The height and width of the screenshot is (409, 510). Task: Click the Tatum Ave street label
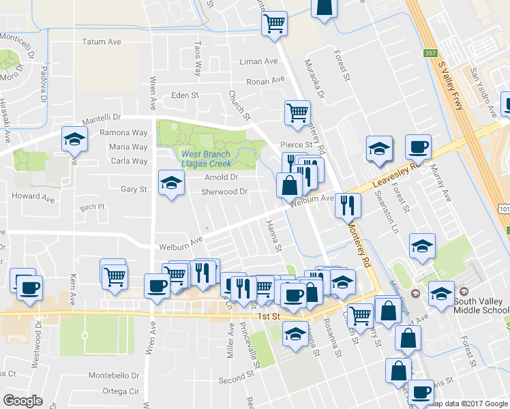102,42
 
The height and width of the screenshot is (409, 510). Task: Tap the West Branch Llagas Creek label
207,159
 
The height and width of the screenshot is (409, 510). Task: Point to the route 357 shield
430,52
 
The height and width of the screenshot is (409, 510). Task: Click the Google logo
23,400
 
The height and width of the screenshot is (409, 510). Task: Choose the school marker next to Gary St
172,183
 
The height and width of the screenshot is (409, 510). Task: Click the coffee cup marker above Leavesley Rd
418,147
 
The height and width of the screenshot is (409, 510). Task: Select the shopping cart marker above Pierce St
297,112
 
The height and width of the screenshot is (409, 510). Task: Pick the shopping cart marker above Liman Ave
274,25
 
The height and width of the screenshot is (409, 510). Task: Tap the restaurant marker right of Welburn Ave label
348,204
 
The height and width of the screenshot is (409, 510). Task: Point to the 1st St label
270,317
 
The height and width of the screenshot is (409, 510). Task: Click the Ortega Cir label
120,391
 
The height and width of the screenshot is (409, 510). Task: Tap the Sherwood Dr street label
224,192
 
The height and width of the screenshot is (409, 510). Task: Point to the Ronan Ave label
265,80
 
